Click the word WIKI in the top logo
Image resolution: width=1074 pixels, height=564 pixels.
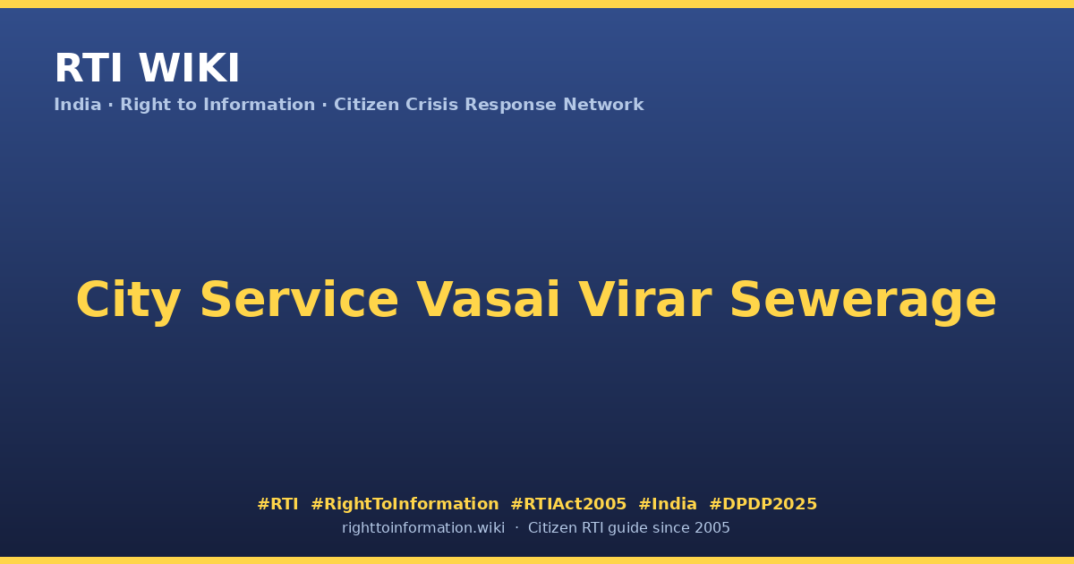coord(189,68)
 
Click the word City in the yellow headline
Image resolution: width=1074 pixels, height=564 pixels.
coord(129,301)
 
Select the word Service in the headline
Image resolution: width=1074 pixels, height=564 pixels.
coord(299,300)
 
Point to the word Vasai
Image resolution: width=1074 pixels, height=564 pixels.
coord(488,300)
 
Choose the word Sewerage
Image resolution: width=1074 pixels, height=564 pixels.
coord(863,301)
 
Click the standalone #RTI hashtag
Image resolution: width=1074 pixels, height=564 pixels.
coord(277,504)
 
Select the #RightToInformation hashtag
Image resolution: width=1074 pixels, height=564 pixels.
coord(405,504)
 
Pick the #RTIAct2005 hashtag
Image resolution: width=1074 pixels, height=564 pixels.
coord(568,504)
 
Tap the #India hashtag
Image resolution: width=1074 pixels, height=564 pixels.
coord(668,504)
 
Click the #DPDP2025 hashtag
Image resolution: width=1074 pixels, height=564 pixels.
coord(763,504)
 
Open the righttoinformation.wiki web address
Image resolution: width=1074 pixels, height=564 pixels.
coord(423,528)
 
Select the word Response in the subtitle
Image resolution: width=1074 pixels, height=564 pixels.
coord(511,106)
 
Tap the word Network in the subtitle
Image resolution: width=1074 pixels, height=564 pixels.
coord(603,105)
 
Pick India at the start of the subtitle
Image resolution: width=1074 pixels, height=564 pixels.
coord(78,105)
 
